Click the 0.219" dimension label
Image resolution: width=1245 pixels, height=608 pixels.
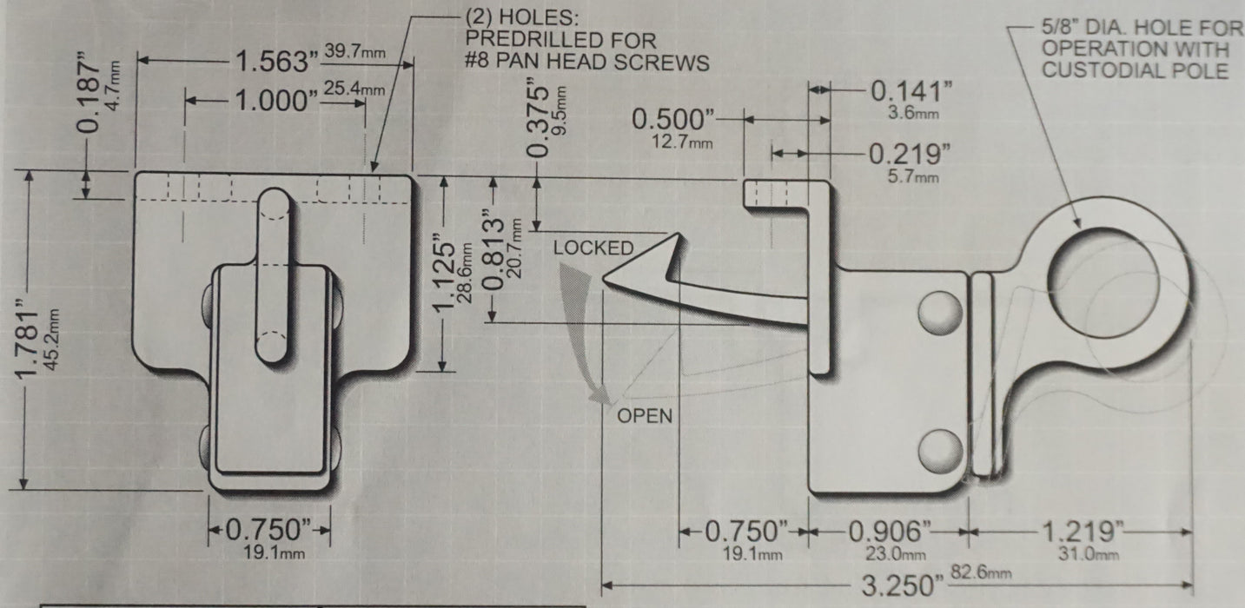tap(910, 154)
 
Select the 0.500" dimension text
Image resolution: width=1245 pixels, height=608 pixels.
tap(673, 120)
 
